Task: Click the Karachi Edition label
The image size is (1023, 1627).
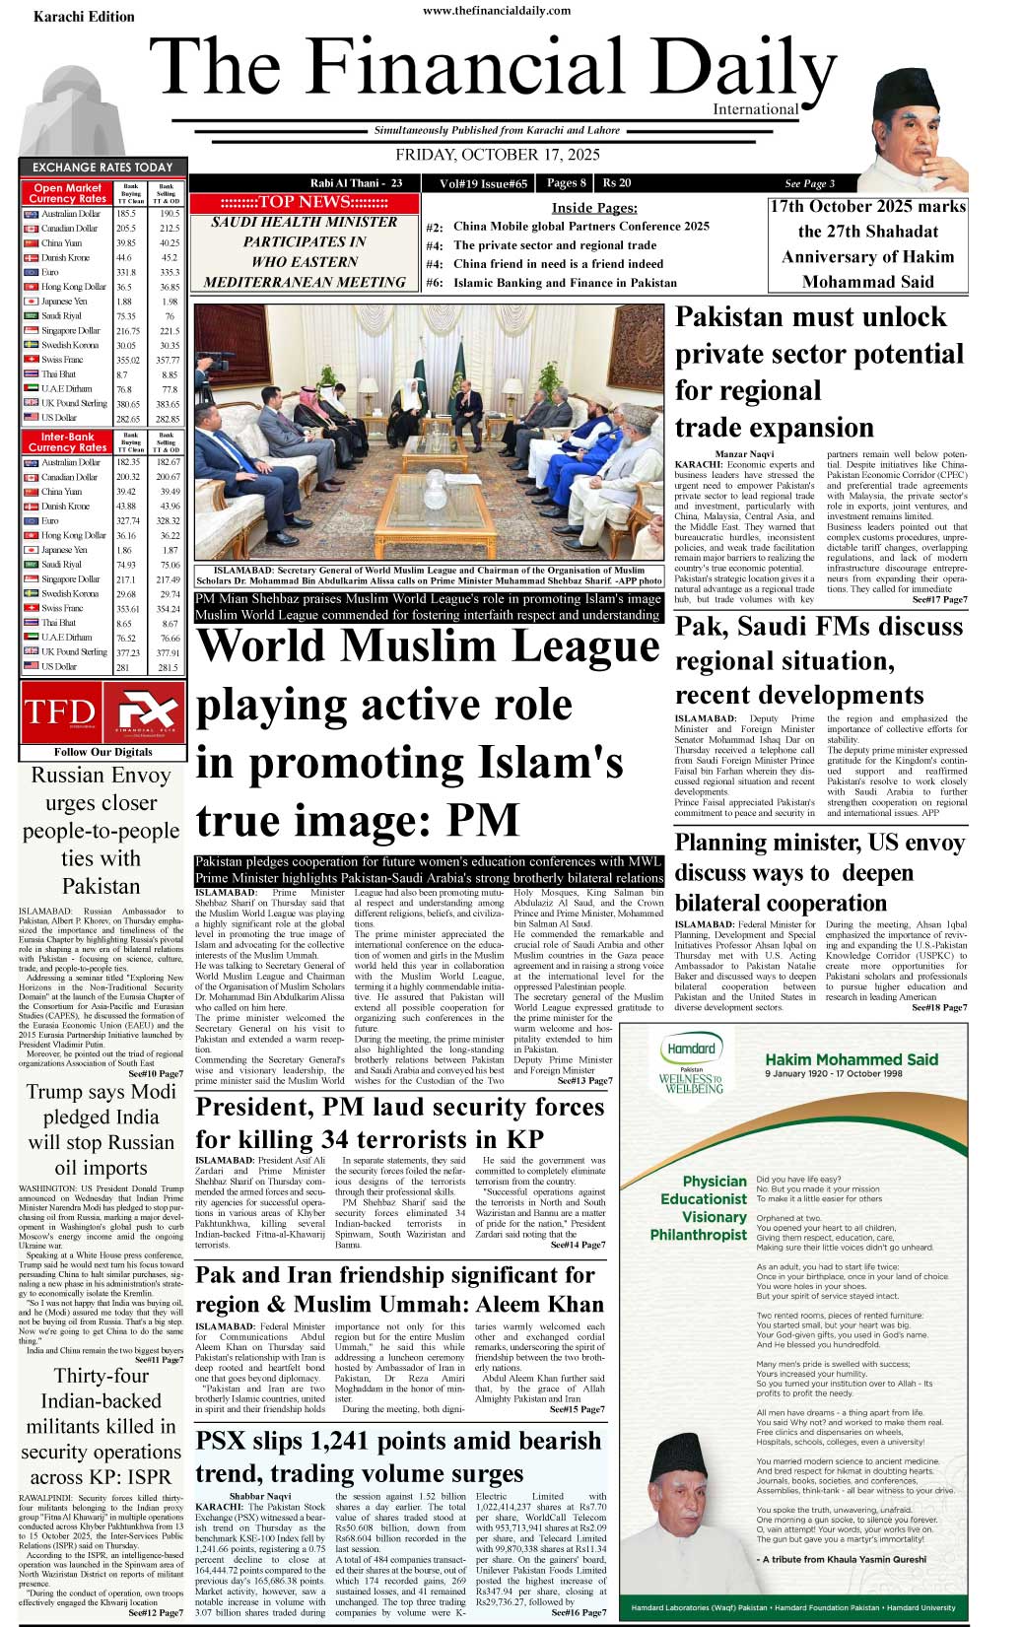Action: (x=84, y=17)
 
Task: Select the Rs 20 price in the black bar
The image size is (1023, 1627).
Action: (x=617, y=183)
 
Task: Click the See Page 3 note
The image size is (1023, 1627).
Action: (x=809, y=183)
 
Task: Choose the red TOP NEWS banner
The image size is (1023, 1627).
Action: (x=304, y=202)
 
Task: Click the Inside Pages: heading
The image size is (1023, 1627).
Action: (x=593, y=208)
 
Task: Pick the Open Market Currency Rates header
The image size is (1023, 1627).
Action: (x=67, y=193)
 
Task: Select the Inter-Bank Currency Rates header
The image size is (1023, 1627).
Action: (x=67, y=441)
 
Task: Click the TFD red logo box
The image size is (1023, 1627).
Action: (x=60, y=712)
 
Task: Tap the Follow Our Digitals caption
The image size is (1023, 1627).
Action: (x=102, y=752)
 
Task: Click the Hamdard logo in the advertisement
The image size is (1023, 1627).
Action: (x=691, y=1050)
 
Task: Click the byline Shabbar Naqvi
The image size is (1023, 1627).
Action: (x=260, y=1496)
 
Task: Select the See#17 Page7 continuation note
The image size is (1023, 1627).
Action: (x=939, y=599)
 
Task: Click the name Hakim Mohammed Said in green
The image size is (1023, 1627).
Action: (x=852, y=1059)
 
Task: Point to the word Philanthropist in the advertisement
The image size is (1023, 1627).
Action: (x=699, y=1235)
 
